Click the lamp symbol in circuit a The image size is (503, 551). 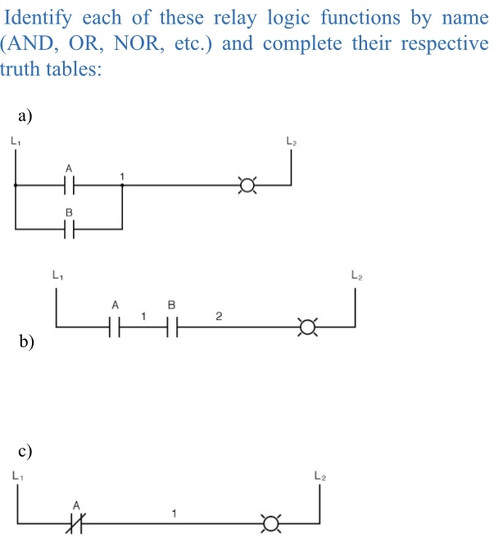(242, 186)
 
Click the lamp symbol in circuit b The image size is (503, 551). (307, 328)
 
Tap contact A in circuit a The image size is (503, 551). (70, 186)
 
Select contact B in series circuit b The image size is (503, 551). (171, 328)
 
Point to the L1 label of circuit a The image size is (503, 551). (16, 142)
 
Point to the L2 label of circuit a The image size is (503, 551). (291, 142)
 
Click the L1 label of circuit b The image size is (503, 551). (56, 276)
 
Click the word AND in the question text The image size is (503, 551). (32, 43)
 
